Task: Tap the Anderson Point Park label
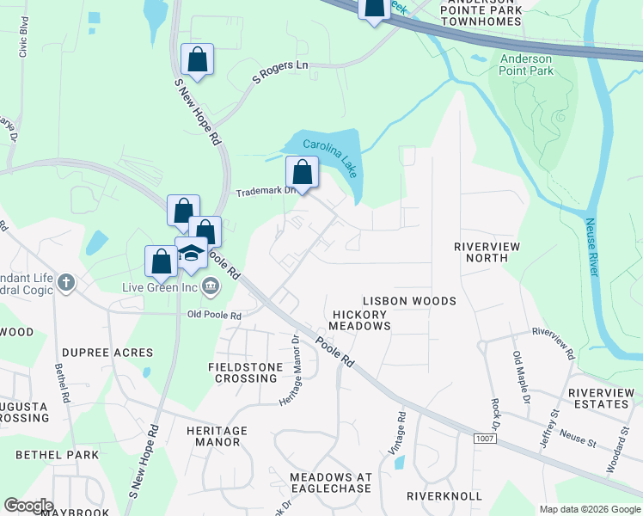coord(527,64)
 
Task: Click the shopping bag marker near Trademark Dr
coord(302,171)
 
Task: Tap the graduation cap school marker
coord(191,253)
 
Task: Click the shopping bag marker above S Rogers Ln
coord(198,60)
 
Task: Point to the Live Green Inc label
coord(160,287)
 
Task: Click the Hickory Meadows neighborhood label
coord(361,320)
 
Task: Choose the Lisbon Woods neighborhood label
coord(408,301)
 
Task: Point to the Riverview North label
coord(487,251)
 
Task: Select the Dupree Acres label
coord(107,353)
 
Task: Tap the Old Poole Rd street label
coord(215,316)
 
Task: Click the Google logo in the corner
coord(28,506)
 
